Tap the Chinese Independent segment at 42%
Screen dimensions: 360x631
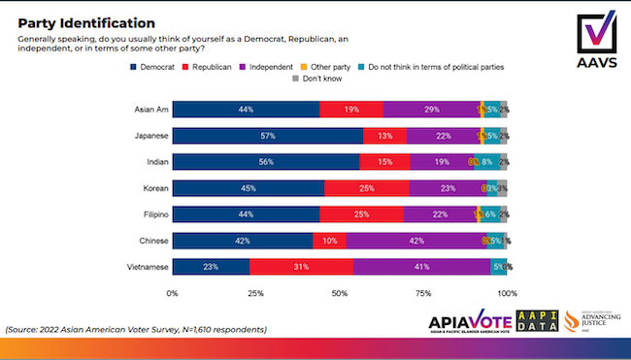tap(415, 240)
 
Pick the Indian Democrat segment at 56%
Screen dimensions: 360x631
tap(266, 161)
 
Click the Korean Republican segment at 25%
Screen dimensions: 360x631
tap(366, 187)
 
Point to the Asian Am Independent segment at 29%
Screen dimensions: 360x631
tap(430, 109)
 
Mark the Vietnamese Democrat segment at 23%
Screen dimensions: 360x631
tap(211, 266)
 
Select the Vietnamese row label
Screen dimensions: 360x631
tap(138, 266)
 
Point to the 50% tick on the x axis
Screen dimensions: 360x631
tap(339, 292)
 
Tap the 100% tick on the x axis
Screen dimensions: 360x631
tap(506, 292)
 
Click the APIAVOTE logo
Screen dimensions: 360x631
tap(468, 324)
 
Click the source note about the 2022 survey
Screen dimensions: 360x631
tap(136, 329)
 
